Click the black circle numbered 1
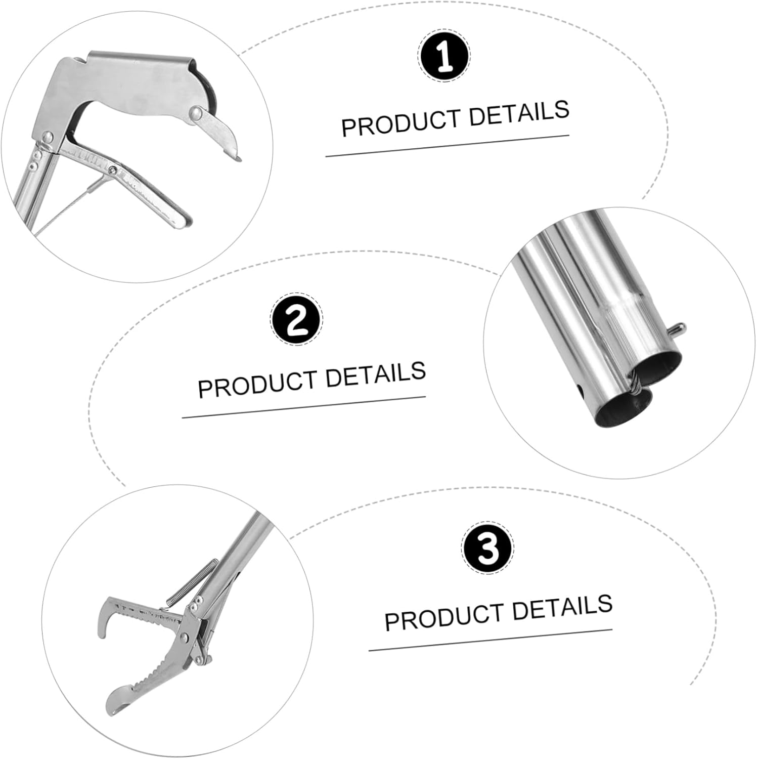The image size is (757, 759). [444, 56]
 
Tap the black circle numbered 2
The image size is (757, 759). [296, 320]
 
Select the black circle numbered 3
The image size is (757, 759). [487, 549]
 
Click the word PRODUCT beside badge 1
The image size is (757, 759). [400, 122]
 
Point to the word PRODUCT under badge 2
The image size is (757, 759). [256, 384]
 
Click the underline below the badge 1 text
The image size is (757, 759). [447, 146]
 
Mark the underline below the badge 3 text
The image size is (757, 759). [490, 640]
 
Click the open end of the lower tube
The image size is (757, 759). [623, 411]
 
